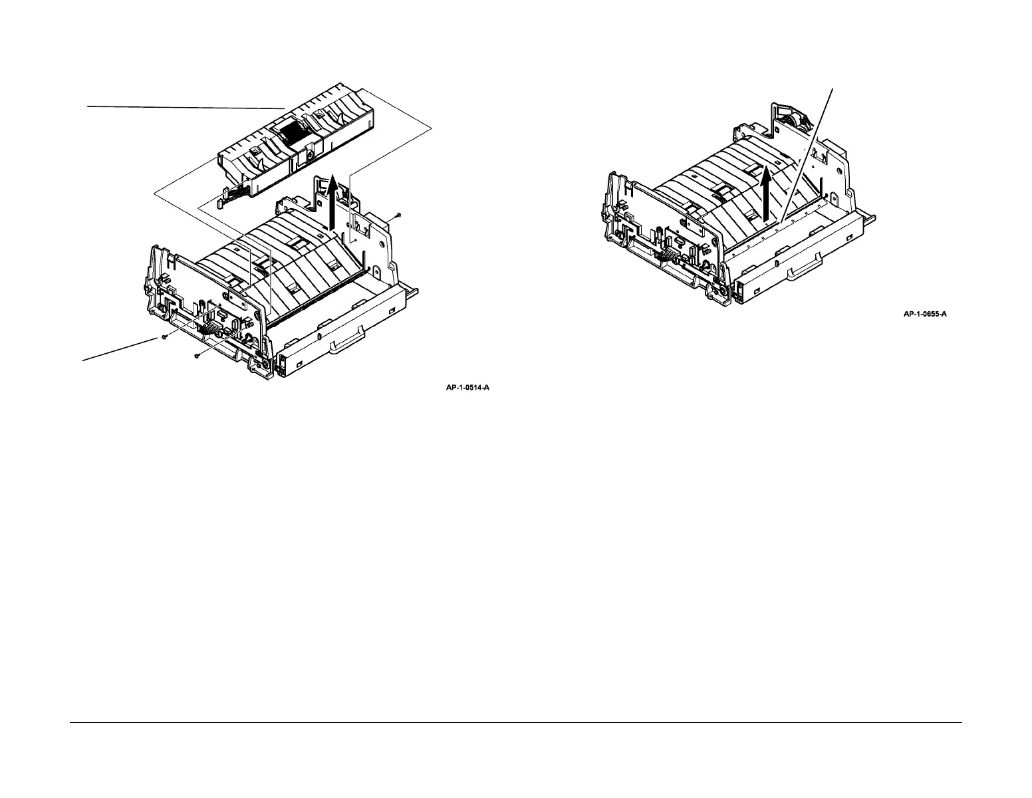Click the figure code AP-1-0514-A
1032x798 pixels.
467,387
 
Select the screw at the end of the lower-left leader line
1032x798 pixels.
164,337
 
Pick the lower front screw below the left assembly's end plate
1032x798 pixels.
197,356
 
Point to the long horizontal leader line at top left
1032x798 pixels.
186,106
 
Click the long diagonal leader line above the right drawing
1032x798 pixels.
809,153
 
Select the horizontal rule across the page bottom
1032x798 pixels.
515,723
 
